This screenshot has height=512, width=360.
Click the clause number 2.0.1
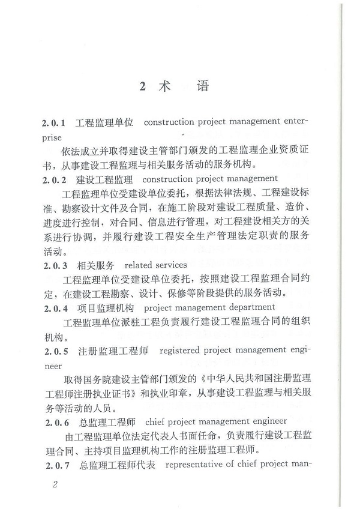tap(55, 122)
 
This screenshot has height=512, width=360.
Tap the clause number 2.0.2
tap(55, 179)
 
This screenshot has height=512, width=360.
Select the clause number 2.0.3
tap(55, 265)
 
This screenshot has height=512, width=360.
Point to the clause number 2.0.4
tap(55, 309)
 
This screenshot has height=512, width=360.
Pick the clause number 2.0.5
tap(55, 351)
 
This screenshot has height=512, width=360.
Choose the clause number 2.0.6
tap(55, 421)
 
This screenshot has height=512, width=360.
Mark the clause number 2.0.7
tap(55, 465)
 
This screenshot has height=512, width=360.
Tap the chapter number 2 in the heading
tap(142, 86)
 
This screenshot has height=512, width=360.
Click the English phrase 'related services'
tap(155, 265)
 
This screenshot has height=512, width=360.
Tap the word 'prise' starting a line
tap(52, 137)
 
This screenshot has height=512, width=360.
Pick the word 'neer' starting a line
tap(52, 365)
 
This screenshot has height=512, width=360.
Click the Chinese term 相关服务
tap(96, 265)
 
